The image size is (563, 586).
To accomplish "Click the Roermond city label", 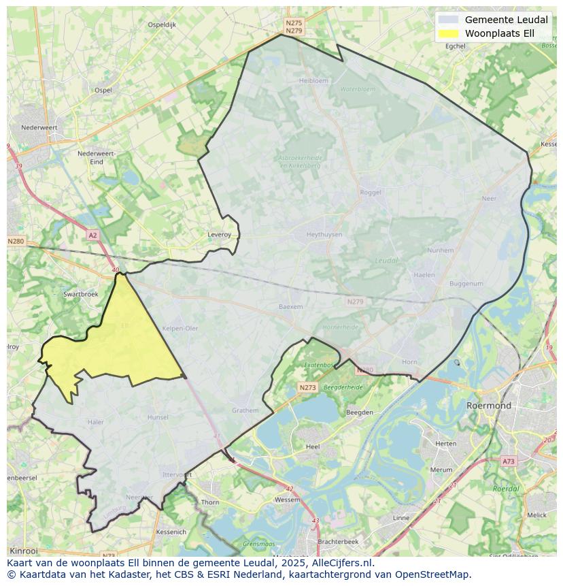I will coord(488,406).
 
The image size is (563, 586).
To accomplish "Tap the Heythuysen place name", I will coord(324,235).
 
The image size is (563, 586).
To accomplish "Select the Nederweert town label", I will coord(39,127).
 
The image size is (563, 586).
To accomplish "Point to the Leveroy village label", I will coord(219,235).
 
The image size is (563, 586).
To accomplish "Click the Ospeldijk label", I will coord(162,25).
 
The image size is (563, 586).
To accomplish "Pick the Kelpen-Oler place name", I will coord(180,328).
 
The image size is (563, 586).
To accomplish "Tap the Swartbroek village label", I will coord(80,294).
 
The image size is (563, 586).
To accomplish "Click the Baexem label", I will coord(290,307).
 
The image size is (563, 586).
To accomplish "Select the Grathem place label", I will coord(245,410).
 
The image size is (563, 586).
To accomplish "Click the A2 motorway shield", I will coord(92,235).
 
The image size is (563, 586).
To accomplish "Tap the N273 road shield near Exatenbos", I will coord(307,387).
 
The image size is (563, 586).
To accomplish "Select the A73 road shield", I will coord(508,461).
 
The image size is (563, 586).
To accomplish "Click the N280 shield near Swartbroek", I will coord(16,241).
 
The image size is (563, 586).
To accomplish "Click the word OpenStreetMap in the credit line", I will coord(434,574).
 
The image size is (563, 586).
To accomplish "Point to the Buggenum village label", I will coord(466,284).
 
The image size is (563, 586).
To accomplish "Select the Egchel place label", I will coord(455,46).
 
